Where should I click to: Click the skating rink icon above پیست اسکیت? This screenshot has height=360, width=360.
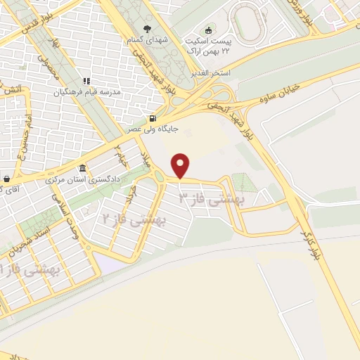click(207, 30)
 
